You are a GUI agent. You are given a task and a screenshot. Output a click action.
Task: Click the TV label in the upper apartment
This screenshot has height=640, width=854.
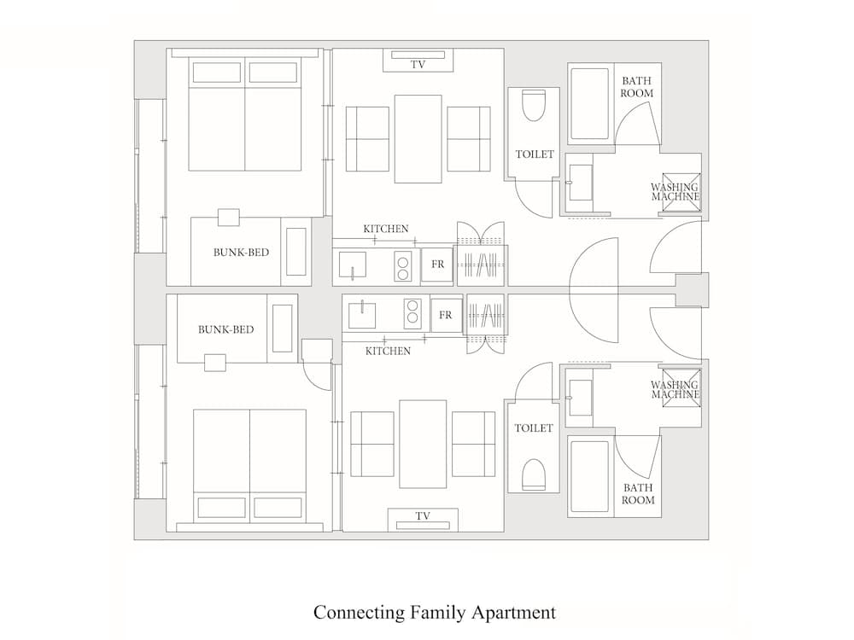click(x=418, y=64)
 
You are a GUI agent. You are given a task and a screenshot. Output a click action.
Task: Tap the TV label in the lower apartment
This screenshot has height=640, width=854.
click(x=422, y=516)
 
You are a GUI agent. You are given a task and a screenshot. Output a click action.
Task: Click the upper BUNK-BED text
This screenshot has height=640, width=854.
click(x=235, y=253)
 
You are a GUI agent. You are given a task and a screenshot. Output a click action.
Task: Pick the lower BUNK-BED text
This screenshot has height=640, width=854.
click(x=225, y=329)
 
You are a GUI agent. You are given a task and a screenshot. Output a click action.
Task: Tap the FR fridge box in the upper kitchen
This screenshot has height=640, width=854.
click(x=437, y=265)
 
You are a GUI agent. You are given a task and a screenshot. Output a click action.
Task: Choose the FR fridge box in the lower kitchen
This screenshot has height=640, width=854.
click(x=445, y=315)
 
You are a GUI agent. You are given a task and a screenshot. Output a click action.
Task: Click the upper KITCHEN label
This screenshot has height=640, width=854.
click(x=386, y=229)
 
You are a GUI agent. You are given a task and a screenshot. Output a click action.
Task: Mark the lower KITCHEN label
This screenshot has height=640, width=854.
click(x=388, y=351)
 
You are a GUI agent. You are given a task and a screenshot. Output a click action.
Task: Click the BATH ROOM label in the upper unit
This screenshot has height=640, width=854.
click(x=637, y=87)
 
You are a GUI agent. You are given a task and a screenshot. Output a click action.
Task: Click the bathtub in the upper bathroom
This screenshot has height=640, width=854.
click(x=589, y=104)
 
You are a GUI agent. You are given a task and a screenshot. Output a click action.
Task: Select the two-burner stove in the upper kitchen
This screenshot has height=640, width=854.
click(x=402, y=266)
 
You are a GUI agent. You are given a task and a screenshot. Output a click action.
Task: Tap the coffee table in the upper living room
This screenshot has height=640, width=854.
click(x=418, y=138)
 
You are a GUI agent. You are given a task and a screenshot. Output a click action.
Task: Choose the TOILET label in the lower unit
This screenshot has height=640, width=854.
click(x=534, y=428)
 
